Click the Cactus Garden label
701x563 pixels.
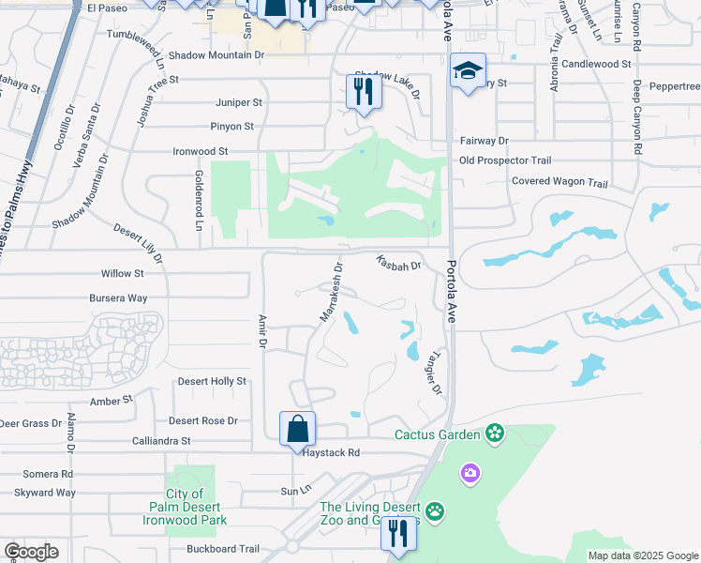(x=437, y=434)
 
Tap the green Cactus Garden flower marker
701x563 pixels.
(x=494, y=434)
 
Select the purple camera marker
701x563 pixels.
(x=470, y=474)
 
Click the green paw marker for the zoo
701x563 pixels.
(x=435, y=511)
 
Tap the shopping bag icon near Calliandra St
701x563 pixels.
(x=297, y=429)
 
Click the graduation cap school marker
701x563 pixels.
(x=467, y=71)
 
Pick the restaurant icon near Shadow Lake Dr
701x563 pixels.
(x=362, y=91)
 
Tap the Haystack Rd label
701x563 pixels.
(x=332, y=452)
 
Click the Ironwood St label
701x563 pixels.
(x=201, y=151)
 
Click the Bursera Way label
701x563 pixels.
(x=119, y=298)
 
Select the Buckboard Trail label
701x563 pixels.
(x=222, y=549)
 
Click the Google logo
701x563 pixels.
(x=31, y=552)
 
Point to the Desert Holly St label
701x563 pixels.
(x=212, y=382)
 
